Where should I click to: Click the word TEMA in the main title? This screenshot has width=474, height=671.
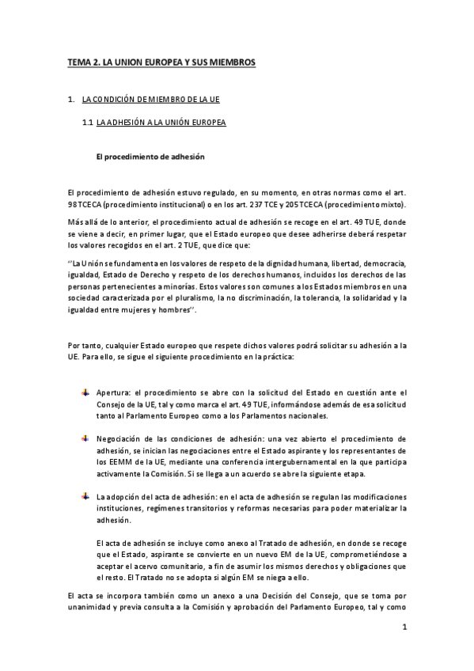[78, 61]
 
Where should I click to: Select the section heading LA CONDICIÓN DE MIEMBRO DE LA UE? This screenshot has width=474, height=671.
[151, 100]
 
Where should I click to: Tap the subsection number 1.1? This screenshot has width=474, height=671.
[88, 123]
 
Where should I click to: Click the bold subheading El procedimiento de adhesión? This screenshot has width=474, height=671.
[150, 157]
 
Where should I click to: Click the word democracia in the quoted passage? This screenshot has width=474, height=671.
[383, 262]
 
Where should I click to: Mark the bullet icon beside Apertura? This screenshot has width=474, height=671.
[85, 392]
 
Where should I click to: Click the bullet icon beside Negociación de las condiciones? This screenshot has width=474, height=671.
[85, 438]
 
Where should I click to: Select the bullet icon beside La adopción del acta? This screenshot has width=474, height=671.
[85, 495]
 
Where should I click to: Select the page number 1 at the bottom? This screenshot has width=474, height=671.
[404, 629]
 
